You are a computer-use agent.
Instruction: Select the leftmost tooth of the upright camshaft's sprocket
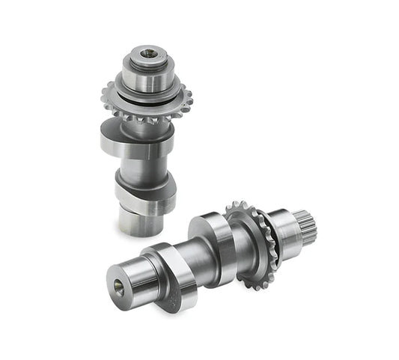[x=104, y=95]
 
